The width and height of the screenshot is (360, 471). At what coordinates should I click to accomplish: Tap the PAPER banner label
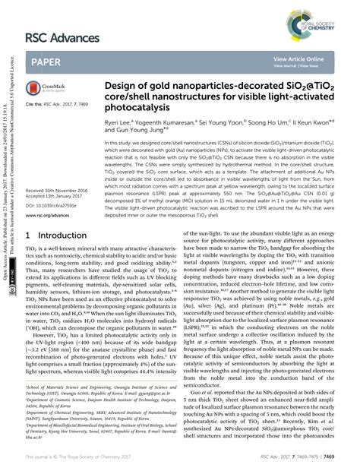(49, 62)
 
